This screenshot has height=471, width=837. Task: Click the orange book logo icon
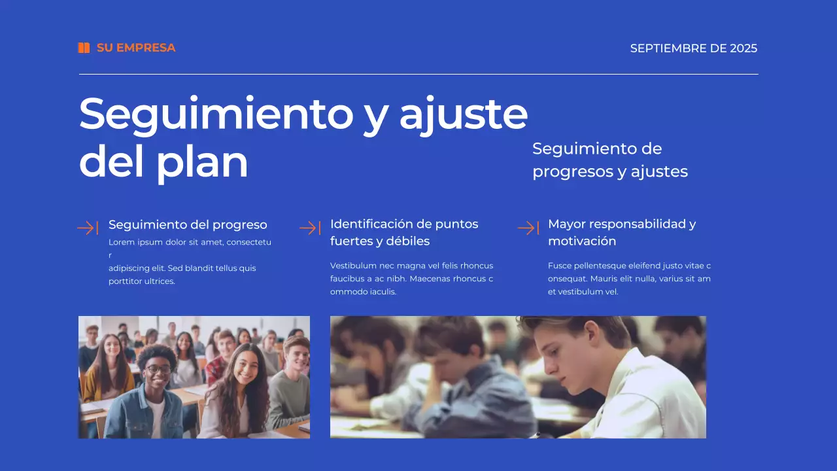[x=84, y=48]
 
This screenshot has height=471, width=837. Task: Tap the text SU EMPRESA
[x=136, y=48]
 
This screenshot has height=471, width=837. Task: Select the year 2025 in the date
[x=743, y=48]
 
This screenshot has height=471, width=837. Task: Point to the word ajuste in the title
[x=463, y=115]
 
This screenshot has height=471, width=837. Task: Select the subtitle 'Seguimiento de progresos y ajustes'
[x=609, y=160]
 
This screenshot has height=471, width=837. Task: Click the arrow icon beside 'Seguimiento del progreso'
[x=88, y=228]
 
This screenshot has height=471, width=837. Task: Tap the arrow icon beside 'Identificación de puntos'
[x=309, y=228]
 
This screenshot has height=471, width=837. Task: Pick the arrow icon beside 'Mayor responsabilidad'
[x=528, y=228]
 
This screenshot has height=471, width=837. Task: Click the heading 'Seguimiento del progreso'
[x=188, y=224]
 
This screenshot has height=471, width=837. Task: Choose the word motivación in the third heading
[x=582, y=241]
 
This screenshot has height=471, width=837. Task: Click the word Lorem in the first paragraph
[x=120, y=242]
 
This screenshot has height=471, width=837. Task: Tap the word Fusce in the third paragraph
[x=559, y=266]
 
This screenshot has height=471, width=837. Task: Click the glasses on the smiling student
[x=158, y=369]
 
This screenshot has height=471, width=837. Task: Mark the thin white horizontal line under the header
[x=418, y=75]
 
